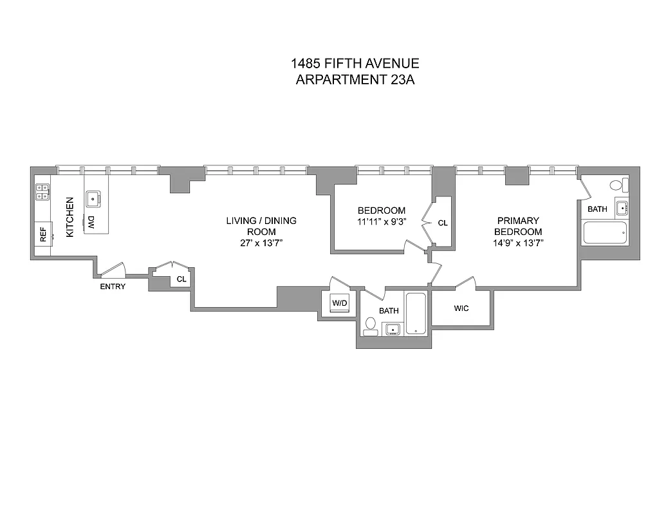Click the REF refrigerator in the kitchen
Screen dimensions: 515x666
pos(44,234)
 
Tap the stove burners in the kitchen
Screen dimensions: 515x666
pos(42,191)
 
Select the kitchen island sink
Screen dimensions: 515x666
pos(93,198)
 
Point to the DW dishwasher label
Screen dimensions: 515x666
pos(91,223)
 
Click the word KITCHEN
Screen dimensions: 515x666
pos(69,216)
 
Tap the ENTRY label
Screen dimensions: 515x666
pos(113,286)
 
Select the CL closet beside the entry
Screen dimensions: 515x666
pos(181,279)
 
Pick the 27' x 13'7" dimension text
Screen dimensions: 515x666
pos(261,243)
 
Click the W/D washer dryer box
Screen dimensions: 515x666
pos(338,303)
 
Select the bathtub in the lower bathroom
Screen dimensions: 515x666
pos(416,314)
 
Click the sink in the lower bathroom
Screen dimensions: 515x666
pos(392,330)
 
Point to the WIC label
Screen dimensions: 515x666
pos(461,308)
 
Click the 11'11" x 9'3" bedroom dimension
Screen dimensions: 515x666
pos(382,221)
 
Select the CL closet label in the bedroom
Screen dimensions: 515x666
pos(443,223)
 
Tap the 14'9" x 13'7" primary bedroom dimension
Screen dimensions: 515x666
pos(517,243)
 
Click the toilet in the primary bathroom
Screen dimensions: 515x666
pos(616,185)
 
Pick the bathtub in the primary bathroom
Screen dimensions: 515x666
pos(605,232)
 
